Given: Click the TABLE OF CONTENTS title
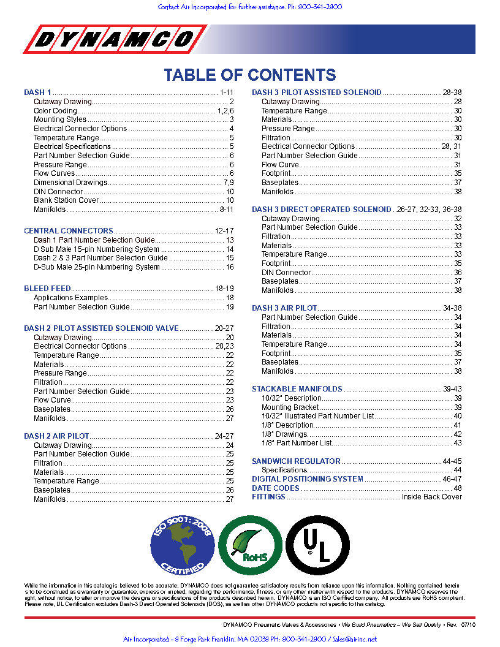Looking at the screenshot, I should (249, 75).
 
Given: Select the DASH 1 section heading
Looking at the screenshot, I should (37, 93).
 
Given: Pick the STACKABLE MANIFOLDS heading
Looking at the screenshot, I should (297, 389).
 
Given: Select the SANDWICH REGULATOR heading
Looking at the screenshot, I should (296, 461).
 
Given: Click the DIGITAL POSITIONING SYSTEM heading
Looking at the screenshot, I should (307, 479).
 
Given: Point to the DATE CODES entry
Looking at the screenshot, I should (275, 488).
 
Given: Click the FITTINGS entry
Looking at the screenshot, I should (268, 497).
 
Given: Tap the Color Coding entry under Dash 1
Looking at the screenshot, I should (55, 111).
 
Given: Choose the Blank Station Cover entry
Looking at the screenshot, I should (66, 200).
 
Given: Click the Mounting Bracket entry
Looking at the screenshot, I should (290, 407).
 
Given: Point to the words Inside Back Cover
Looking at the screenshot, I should (431, 497).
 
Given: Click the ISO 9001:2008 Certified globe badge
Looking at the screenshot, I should (182, 544).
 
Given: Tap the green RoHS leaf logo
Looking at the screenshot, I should (249, 544).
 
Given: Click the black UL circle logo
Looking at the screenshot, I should (317, 544).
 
